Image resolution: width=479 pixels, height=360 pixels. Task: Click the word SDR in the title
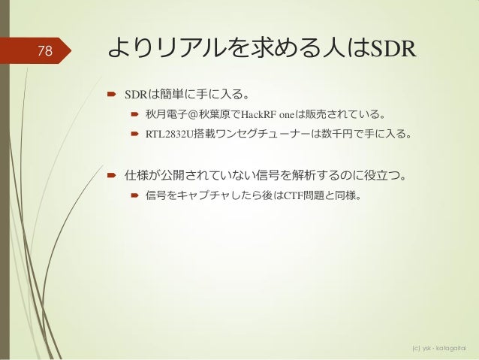click(x=393, y=49)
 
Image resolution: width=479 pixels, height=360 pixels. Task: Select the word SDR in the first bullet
click(x=135, y=95)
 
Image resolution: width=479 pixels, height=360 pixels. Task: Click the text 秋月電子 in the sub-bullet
click(x=164, y=116)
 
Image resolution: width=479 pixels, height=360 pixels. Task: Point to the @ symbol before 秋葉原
click(x=191, y=116)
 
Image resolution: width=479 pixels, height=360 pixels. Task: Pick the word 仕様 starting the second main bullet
click(x=136, y=177)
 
